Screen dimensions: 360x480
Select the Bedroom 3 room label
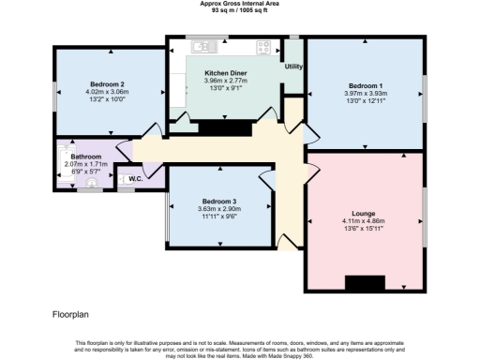coord(219,201)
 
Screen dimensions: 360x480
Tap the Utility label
coord(293,67)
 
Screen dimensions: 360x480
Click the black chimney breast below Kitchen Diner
coord(220,127)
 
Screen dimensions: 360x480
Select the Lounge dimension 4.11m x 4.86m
coord(363,220)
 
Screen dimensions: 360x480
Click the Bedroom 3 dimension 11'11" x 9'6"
coord(219,215)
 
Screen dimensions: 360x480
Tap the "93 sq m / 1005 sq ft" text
coord(239,10)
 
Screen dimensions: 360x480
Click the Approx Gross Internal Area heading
coord(239,4)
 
